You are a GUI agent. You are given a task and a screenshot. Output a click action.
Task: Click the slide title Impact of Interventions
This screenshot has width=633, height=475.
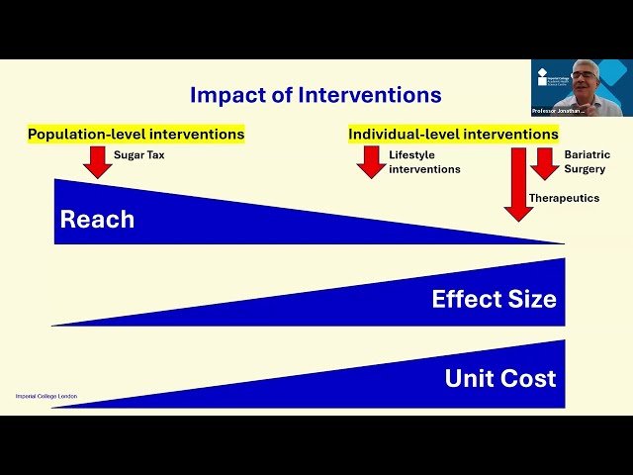(x=316, y=95)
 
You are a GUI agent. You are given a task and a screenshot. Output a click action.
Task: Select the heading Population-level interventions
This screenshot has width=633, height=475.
(x=136, y=134)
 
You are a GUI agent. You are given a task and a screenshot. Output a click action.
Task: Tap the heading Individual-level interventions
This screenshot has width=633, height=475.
(x=453, y=134)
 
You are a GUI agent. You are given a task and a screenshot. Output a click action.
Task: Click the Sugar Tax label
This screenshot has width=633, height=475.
(x=138, y=155)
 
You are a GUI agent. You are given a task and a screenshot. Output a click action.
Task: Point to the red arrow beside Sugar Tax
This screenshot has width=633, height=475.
(x=98, y=161)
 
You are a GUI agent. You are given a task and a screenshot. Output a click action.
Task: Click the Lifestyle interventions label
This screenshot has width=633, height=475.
(x=424, y=162)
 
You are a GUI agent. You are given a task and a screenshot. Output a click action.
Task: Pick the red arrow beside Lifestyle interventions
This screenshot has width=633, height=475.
(x=370, y=161)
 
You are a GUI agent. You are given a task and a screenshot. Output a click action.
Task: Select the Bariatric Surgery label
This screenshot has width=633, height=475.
(x=587, y=162)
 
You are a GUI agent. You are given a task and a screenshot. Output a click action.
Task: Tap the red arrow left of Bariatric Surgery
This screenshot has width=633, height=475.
(x=545, y=163)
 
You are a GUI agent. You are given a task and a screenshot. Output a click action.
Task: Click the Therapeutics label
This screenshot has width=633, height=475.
(x=564, y=198)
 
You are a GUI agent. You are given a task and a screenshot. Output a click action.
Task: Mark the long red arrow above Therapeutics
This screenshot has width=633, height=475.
(x=518, y=183)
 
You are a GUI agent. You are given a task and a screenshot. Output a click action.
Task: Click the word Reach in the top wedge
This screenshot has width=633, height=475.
(x=97, y=220)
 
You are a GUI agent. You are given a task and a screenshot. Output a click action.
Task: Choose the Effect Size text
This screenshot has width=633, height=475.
(x=494, y=299)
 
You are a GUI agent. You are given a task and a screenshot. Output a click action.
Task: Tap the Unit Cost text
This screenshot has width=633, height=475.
(x=499, y=378)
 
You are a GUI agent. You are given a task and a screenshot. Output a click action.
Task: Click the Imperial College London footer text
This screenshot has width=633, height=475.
(x=45, y=396)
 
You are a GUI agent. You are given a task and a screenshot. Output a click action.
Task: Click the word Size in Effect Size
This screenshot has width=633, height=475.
(x=531, y=299)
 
